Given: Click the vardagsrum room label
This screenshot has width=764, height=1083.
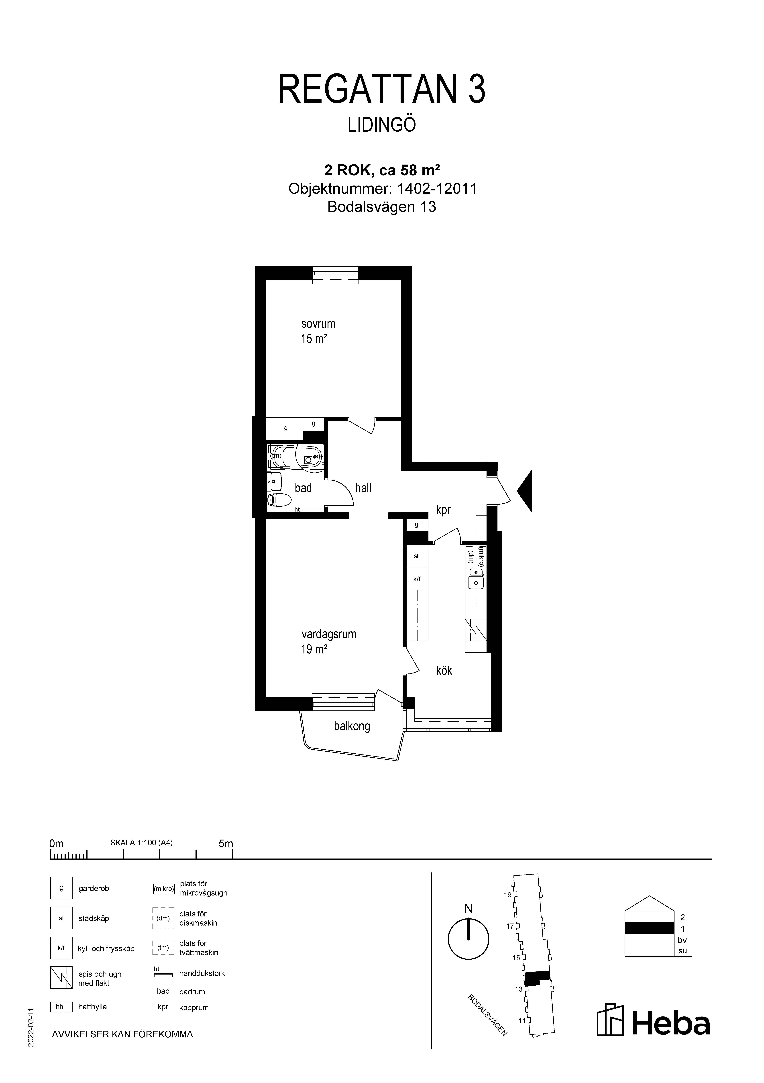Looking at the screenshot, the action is click(329, 634).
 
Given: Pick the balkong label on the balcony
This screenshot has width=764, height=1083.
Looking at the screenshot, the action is click(352, 726).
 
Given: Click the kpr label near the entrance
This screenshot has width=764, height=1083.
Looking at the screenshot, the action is click(443, 510).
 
